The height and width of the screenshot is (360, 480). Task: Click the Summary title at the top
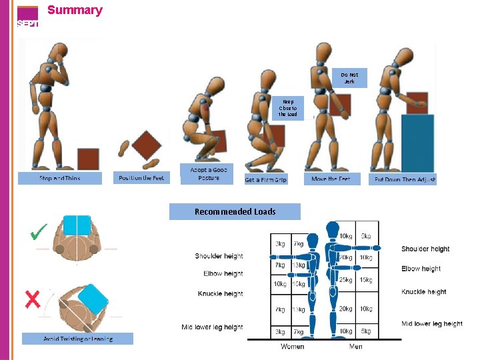point(75,10)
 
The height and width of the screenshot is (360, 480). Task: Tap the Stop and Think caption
point(60,178)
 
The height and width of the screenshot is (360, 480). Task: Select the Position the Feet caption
point(141,177)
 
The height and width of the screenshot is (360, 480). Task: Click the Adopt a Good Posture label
point(209,174)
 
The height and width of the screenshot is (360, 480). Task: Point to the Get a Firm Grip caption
point(266,179)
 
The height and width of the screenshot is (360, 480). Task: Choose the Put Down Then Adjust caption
point(403,179)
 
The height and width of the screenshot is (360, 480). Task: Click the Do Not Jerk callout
point(349,78)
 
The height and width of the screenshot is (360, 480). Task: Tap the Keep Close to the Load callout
point(288,108)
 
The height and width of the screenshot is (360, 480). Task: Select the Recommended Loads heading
point(235,212)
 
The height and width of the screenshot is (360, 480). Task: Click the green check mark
point(39,232)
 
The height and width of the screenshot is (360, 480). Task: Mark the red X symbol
point(32,299)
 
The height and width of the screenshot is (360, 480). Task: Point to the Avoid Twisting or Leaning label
point(78,339)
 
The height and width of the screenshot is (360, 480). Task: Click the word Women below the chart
point(293,347)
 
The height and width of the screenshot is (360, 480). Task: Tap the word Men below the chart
point(356,347)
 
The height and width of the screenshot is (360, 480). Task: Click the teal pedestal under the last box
point(417,143)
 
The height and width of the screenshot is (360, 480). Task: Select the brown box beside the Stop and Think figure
point(88,159)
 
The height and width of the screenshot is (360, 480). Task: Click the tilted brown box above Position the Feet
point(146,145)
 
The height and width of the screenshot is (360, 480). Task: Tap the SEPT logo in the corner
point(27,17)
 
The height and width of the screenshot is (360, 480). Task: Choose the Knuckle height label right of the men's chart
point(424,292)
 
